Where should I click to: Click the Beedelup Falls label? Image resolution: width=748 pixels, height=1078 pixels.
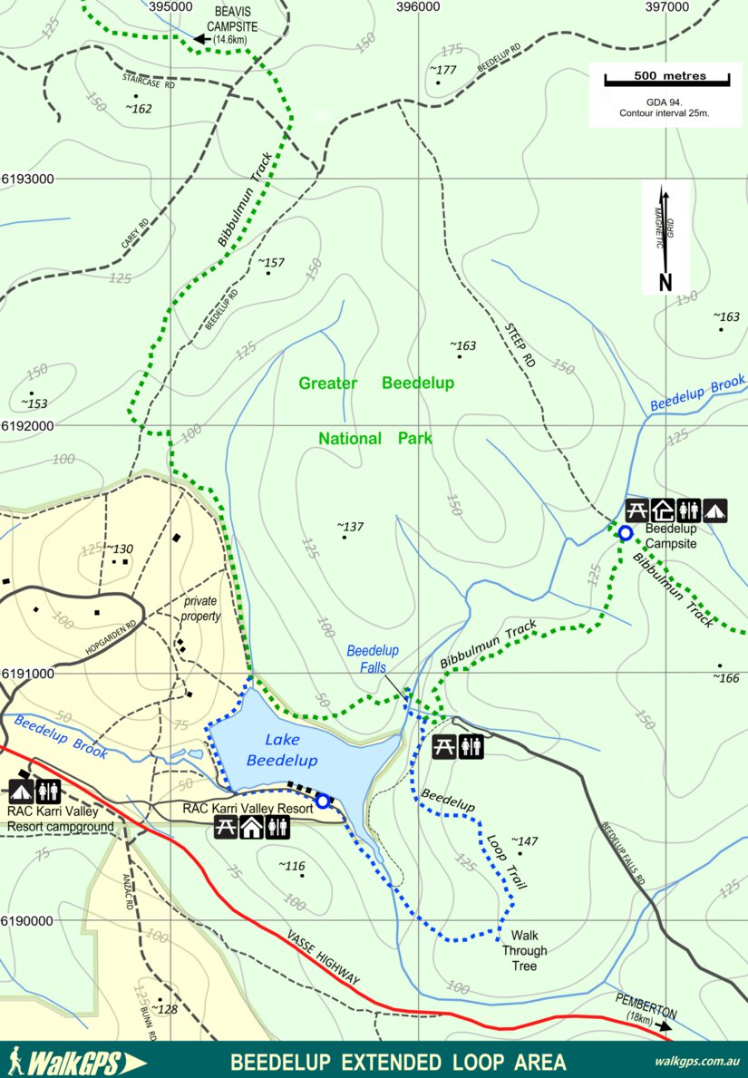coord(373,658)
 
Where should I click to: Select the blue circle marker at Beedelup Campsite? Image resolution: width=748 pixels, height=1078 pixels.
coord(625,533)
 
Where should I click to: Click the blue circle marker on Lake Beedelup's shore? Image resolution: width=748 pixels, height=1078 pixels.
coord(322,801)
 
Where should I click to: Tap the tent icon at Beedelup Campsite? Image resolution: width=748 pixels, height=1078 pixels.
coord(715,510)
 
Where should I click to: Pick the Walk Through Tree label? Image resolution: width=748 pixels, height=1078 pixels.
coord(525,951)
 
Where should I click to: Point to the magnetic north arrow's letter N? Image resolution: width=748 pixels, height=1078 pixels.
coord(665,282)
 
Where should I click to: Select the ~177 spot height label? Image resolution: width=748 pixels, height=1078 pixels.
coord(442,70)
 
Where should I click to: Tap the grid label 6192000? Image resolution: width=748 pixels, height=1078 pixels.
coord(27,425)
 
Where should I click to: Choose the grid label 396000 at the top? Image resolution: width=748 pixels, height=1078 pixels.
coord(418,6)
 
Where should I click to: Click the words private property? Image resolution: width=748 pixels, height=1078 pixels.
coord(201,608)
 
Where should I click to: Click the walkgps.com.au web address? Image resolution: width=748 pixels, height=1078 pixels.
coord(696,1062)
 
